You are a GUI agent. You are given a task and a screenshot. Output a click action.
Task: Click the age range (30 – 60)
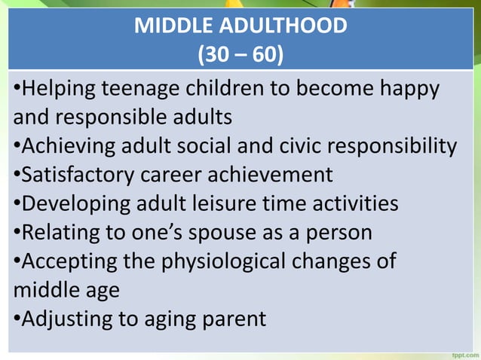pyautogui.click(x=240, y=55)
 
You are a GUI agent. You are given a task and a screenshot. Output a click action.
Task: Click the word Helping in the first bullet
pyautogui.click(x=56, y=90)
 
